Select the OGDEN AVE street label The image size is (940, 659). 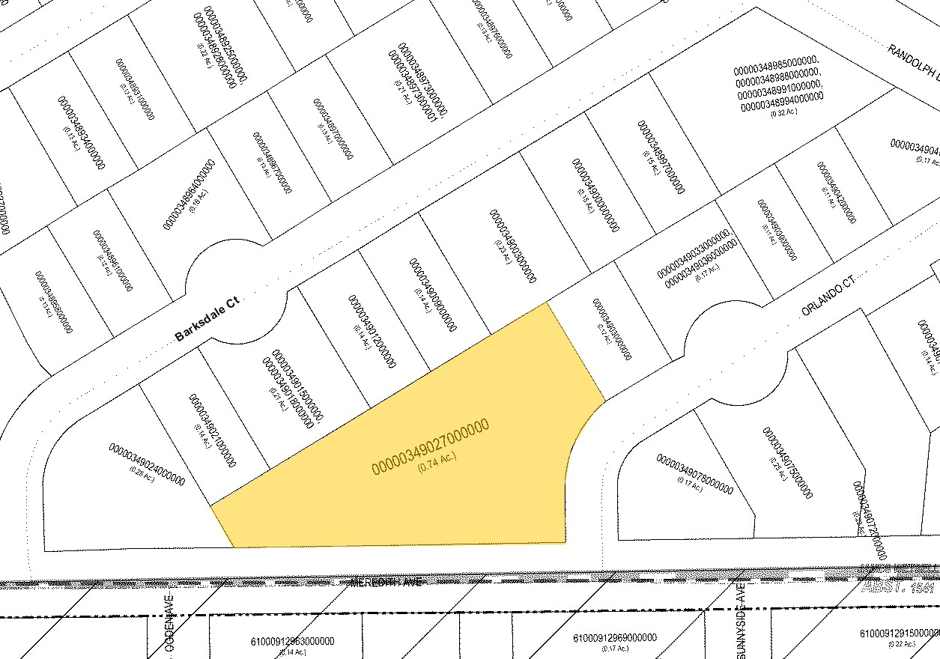coord(171,628)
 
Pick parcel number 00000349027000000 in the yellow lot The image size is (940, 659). coord(430,447)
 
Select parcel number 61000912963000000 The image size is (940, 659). coord(292,641)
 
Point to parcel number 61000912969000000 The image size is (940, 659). coord(615,638)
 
